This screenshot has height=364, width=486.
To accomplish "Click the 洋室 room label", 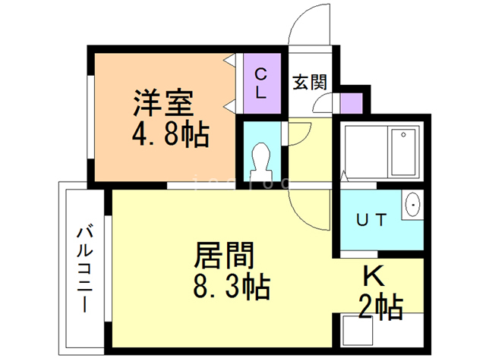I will [x=163, y=102].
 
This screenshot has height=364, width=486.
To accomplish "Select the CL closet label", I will [x=260, y=83].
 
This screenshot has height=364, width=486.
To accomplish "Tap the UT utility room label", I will [x=372, y=220].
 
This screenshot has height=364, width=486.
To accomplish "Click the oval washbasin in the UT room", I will [x=414, y=205].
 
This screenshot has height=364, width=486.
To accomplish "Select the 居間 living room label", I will [x=224, y=254].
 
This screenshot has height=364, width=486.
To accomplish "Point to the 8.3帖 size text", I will [x=228, y=287].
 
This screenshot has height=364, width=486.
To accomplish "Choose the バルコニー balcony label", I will [x=84, y=270].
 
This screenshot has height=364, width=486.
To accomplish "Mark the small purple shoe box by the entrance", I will [x=351, y=104].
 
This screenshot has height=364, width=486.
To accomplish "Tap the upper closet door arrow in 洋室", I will [x=228, y=60].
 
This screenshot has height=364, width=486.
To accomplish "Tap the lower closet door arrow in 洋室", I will [x=228, y=104].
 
